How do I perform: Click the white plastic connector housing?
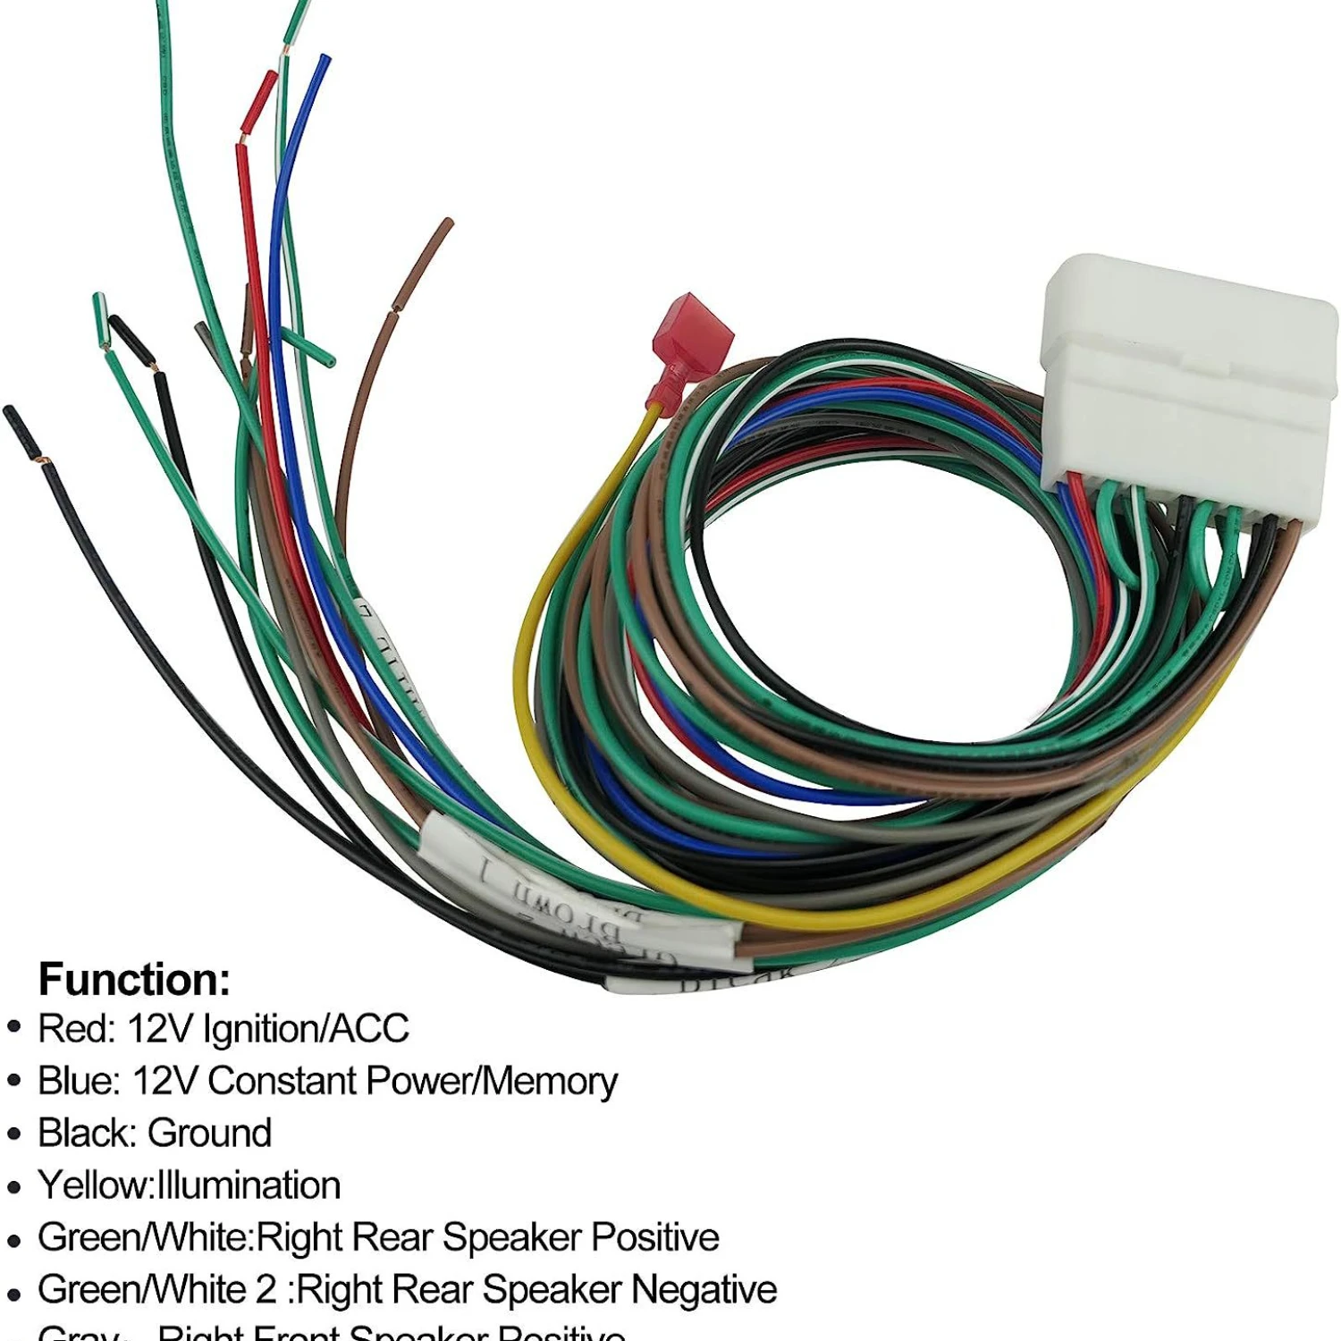[x=1189, y=384]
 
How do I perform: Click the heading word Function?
[x=134, y=979]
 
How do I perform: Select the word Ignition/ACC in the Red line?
[x=306, y=1029]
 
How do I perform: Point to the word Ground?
[x=210, y=1133]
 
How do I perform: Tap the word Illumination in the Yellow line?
[x=249, y=1185]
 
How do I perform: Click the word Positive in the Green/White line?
[x=654, y=1237]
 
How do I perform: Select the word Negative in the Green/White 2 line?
[x=704, y=1289]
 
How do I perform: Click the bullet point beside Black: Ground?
[x=13, y=1134]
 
